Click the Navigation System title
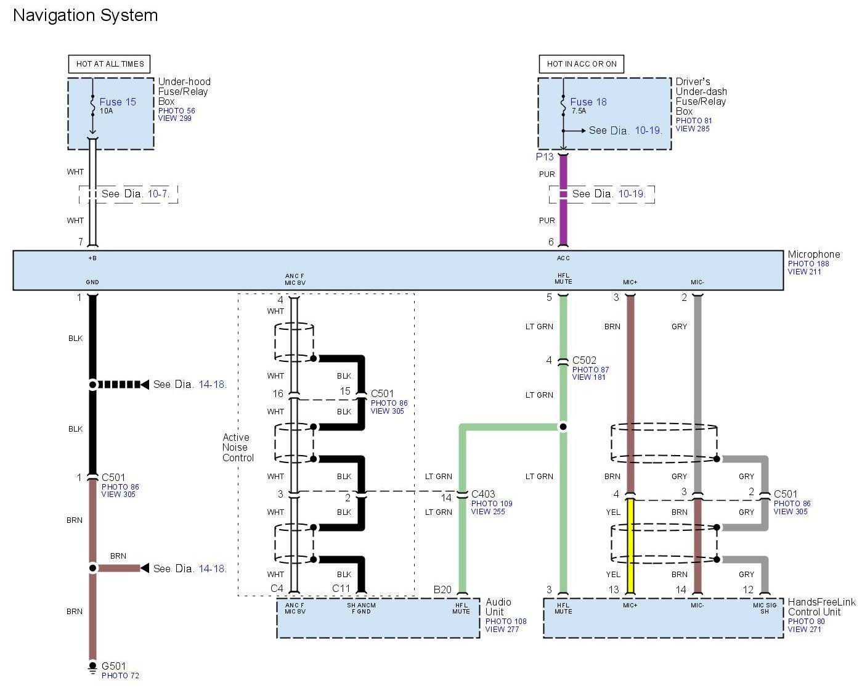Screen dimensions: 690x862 click(x=85, y=15)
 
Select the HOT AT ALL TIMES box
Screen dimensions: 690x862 click(x=110, y=64)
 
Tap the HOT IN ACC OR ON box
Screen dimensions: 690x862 click(x=582, y=64)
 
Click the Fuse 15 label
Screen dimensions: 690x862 click(x=118, y=102)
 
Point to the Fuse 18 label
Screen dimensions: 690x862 click(x=588, y=102)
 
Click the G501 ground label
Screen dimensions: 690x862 click(x=114, y=666)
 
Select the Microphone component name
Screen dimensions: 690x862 click(x=813, y=255)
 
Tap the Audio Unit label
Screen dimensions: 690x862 click(x=498, y=607)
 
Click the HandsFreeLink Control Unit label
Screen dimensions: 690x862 click(x=821, y=607)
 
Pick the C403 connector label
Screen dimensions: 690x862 click(x=483, y=494)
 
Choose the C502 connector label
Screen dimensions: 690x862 click(x=584, y=360)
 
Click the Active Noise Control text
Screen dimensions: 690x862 click(x=238, y=448)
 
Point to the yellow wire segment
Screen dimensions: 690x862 click(x=630, y=546)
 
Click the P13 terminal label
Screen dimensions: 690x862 click(x=545, y=157)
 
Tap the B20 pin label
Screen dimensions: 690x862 click(x=442, y=589)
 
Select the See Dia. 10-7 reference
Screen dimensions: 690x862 click(x=135, y=194)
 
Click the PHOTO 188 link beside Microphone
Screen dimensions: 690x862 click(x=808, y=264)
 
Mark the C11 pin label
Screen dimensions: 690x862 click(x=341, y=589)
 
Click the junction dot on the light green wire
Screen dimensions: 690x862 click(x=563, y=426)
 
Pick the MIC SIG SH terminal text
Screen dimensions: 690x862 click(x=764, y=608)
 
